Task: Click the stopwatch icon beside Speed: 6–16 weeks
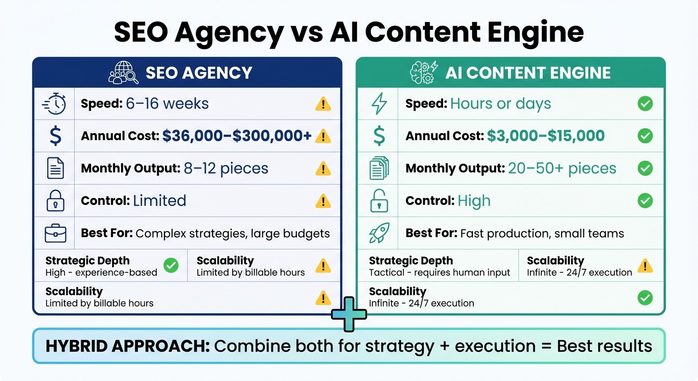[x=54, y=104]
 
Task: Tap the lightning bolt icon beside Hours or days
[x=379, y=104]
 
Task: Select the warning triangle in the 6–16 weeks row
[x=323, y=104]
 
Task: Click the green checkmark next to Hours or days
[x=645, y=104]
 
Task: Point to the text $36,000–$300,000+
[x=237, y=136]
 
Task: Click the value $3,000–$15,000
[x=545, y=136]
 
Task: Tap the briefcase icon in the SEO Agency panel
[x=55, y=233]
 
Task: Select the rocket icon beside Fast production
[x=379, y=233]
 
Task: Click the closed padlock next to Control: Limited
[x=55, y=201]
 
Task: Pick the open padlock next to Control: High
[x=379, y=201]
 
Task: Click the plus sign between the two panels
[x=349, y=314]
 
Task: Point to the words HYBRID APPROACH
[x=127, y=346]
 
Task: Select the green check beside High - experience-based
[x=171, y=265]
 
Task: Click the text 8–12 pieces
[x=226, y=168]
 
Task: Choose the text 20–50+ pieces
[x=562, y=168]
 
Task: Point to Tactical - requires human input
[x=439, y=272]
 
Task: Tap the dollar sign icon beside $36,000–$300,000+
[x=55, y=136]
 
